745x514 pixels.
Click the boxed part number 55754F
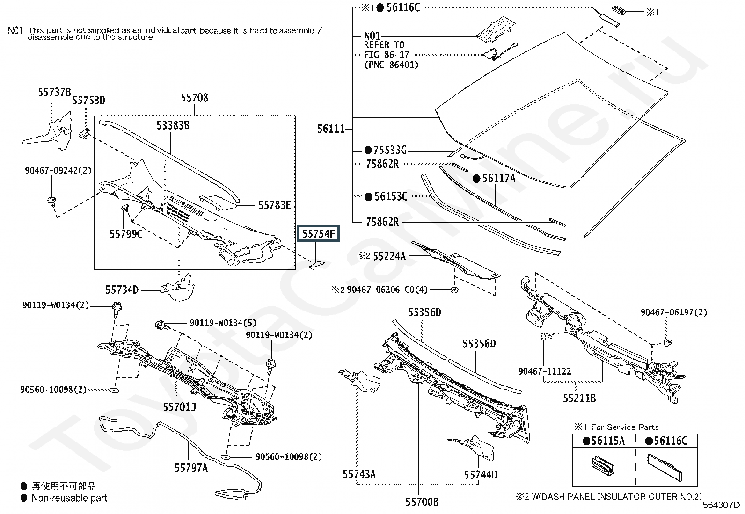point(318,233)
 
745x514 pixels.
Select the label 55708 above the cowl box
point(194,98)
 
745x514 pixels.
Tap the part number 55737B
point(54,93)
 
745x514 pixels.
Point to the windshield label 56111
point(331,129)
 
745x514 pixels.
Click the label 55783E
point(275,205)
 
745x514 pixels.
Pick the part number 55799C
point(126,233)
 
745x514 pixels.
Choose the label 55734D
point(122,290)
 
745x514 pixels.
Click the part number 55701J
point(179,407)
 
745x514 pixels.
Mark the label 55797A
point(191,467)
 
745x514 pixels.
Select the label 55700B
point(422,502)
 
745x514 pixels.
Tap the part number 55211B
point(579,398)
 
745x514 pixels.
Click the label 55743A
point(359,474)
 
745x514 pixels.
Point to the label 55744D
point(481,475)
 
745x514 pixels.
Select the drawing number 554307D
point(721,505)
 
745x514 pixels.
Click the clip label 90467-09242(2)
point(58,171)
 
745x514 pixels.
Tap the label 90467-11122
point(545,371)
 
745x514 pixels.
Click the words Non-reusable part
point(69,498)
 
